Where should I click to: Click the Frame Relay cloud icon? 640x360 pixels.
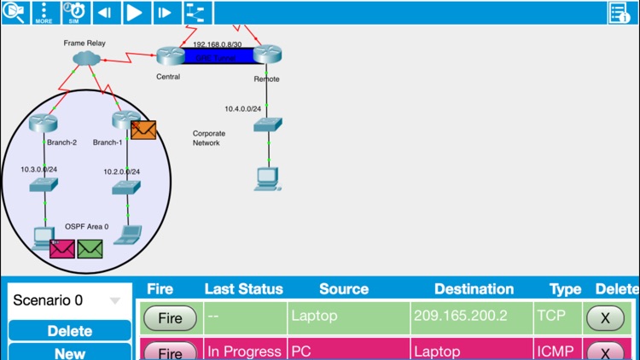tap(86, 57)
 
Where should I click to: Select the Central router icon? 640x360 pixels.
tap(169, 55)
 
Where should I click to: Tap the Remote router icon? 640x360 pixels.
tap(267, 55)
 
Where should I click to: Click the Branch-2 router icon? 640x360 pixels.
tap(42, 124)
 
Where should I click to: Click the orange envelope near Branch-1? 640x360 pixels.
tap(143, 130)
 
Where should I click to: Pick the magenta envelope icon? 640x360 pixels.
tap(62, 248)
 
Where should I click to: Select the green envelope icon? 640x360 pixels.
tap(90, 248)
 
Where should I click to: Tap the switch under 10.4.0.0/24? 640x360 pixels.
tap(267, 125)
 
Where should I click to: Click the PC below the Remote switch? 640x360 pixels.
tap(267, 177)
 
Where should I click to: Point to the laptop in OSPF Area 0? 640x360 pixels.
tap(129, 235)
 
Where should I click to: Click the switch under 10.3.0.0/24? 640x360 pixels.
tap(42, 185)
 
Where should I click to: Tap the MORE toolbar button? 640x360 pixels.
tap(44, 12)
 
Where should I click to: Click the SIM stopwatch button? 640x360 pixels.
tap(74, 12)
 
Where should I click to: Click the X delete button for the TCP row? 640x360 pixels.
tap(606, 317)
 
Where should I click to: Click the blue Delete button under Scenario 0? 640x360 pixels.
tap(69, 330)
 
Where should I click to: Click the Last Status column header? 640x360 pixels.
tap(243, 289)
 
